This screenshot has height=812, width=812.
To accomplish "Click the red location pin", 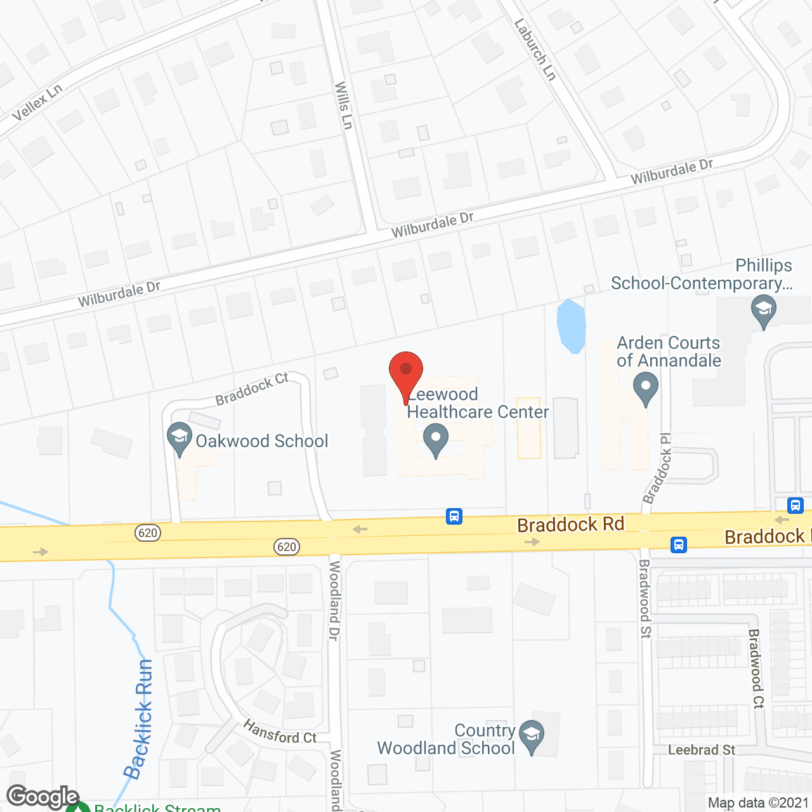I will click(406, 374).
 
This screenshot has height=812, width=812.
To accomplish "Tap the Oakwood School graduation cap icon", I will click(180, 438).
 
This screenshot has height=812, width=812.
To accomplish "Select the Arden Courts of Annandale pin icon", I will click(646, 388).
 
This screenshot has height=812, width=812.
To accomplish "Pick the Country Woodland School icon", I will click(532, 736).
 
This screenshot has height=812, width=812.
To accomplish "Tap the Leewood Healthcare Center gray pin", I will click(436, 440).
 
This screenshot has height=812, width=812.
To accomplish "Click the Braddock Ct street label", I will click(252, 389).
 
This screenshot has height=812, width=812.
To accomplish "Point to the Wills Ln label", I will click(343, 105).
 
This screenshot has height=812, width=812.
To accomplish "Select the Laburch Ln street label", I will click(535, 50).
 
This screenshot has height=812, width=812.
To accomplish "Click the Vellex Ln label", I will click(37, 102).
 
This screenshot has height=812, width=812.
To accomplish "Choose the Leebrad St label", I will click(701, 750).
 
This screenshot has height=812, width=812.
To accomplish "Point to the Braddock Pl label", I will click(657, 468).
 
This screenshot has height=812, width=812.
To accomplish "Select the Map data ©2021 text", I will click(758, 803).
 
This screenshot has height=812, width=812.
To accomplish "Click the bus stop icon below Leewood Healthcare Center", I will click(454, 516).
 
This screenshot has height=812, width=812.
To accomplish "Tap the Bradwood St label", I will click(645, 598).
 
